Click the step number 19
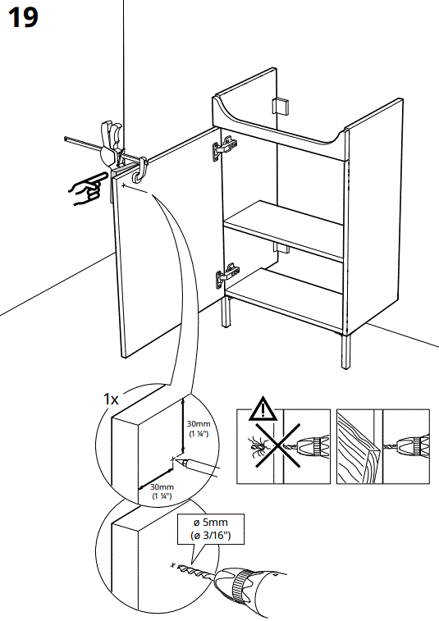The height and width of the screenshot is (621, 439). coord(24,17)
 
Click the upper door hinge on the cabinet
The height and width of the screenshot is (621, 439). coord(224,148)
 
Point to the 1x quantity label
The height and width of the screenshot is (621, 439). coord(111,399)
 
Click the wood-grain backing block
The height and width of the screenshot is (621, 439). coord(354,446)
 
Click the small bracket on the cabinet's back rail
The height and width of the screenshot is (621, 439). coord(280,107)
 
